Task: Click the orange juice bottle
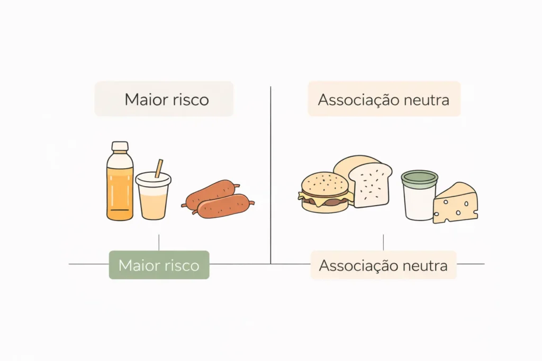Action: [x=120, y=181]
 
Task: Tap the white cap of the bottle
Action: [x=120, y=146]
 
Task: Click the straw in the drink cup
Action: [x=159, y=169]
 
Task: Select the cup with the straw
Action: [x=153, y=196]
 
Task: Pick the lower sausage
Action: [x=224, y=206]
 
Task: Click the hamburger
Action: [x=326, y=192]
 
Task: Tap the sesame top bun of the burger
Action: [x=324, y=183]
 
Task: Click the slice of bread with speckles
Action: [x=370, y=185]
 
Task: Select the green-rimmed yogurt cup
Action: [x=419, y=195]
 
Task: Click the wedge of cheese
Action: [x=455, y=203]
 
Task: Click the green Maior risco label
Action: [x=159, y=265]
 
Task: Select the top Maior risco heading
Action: [x=167, y=99]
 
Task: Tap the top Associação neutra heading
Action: [x=384, y=100]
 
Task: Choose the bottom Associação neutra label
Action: [x=383, y=265]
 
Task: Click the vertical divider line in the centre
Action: [x=270, y=175]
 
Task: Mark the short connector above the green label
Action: [x=159, y=243]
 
